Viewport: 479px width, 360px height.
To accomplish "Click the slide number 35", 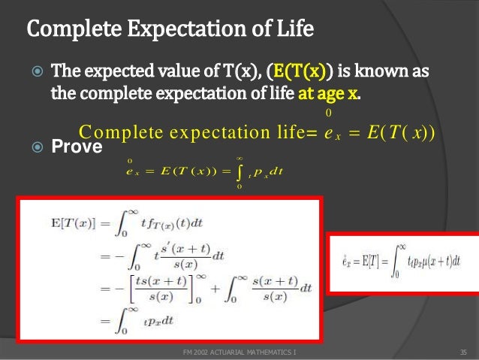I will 462,351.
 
